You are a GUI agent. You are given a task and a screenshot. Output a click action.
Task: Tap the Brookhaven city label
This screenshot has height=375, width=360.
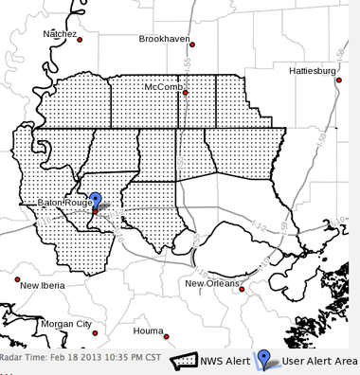click(x=166, y=40)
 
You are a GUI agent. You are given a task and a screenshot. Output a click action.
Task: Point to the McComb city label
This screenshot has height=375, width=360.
click(x=162, y=87)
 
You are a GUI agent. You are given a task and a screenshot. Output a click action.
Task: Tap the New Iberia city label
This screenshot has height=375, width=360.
click(x=44, y=284)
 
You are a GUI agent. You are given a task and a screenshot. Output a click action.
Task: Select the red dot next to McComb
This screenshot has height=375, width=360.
click(x=186, y=92)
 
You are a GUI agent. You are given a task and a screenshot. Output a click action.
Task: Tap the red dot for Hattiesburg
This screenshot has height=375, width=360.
click(x=337, y=80)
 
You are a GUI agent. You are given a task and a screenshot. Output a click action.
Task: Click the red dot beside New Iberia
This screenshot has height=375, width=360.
click(x=16, y=279)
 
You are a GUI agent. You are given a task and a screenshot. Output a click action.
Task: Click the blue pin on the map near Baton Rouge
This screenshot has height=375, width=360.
click(x=95, y=201)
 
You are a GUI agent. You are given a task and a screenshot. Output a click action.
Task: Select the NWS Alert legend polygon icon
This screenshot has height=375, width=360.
click(x=182, y=361)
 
